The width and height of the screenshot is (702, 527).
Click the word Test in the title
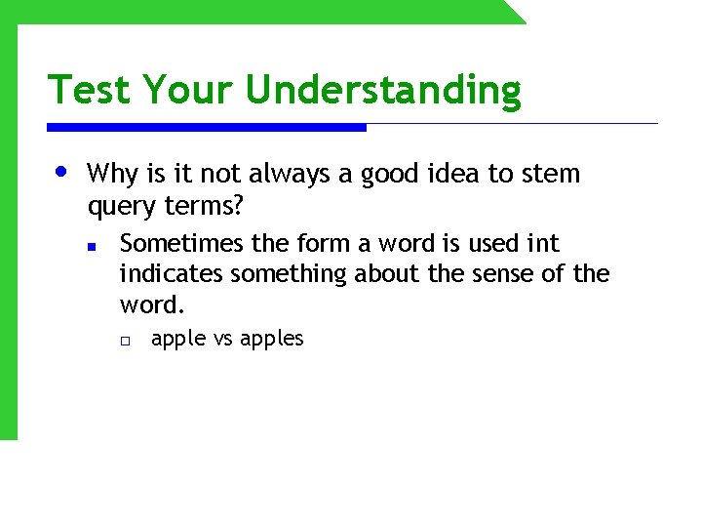(91, 90)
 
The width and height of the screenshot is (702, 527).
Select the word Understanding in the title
(383, 91)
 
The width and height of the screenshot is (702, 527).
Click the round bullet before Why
(61, 172)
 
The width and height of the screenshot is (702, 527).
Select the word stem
(550, 175)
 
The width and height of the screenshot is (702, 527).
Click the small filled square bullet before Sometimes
(90, 247)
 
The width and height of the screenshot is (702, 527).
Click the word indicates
(169, 274)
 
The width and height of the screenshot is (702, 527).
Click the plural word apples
(272, 340)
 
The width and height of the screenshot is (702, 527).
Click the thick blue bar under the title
(207, 127)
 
